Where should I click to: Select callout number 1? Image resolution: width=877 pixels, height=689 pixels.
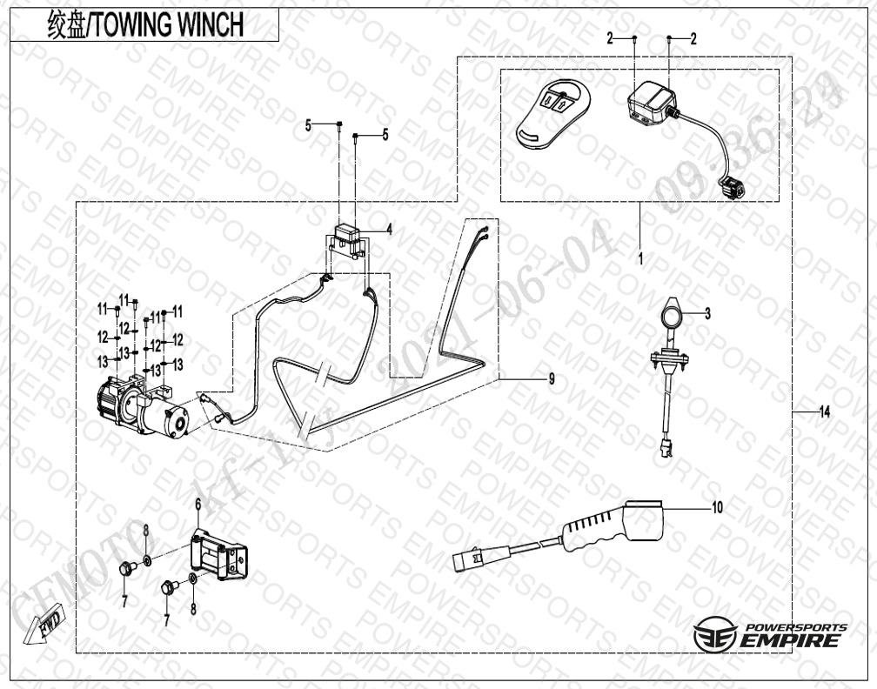tap(639, 259)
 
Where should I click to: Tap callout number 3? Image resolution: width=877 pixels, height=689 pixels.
tap(707, 313)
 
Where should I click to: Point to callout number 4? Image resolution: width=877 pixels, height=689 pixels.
tap(389, 230)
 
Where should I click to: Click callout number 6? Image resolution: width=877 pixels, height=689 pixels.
tap(197, 504)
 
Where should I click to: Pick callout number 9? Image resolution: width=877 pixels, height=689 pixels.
tap(551, 378)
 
